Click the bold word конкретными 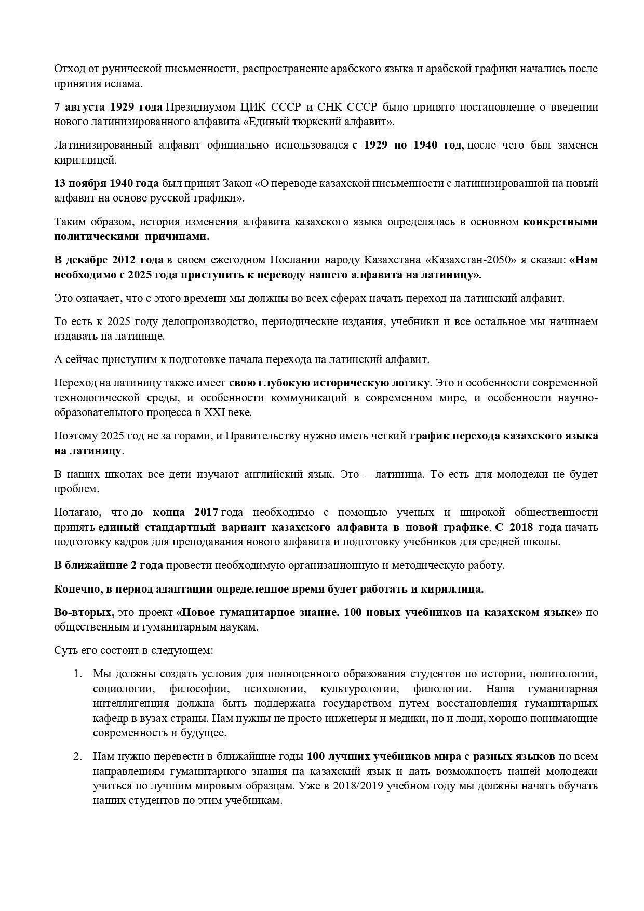coord(560,222)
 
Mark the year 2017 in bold coord(206,512)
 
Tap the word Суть coord(66,650)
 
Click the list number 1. coord(77,674)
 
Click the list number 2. coord(77,756)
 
